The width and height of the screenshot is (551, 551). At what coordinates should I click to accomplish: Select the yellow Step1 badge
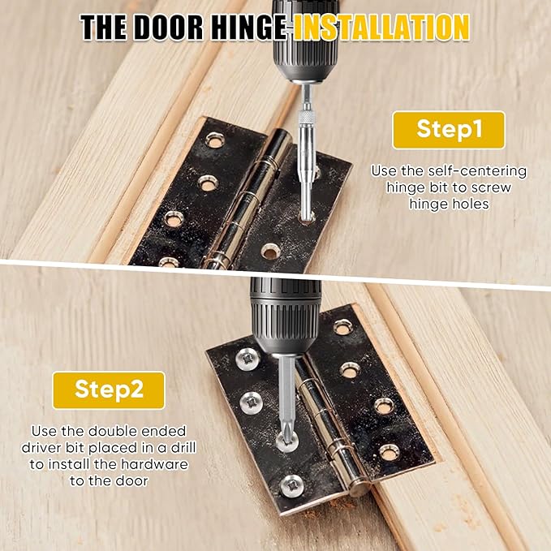[448, 130]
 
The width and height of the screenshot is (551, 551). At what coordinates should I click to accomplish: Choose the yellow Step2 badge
[109, 390]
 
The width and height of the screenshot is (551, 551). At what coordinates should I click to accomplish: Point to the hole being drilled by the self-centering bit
[308, 217]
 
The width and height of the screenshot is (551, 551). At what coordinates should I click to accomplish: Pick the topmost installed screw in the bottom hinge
[248, 358]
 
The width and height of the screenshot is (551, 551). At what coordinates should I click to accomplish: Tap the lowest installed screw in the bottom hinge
[292, 486]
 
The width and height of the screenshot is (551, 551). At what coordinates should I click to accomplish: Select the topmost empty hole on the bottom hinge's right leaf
[342, 327]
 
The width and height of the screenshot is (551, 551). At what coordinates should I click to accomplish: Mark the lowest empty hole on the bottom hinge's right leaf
[390, 452]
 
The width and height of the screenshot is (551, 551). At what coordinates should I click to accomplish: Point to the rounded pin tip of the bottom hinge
[362, 489]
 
